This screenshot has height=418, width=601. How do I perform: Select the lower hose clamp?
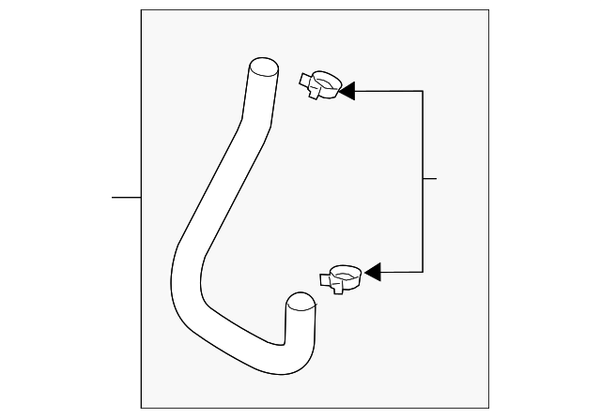(341, 278)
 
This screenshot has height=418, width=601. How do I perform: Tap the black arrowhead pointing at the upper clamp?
(346, 91)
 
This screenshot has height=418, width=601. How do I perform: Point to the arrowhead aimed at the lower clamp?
(371, 272)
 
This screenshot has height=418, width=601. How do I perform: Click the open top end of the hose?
(264, 67)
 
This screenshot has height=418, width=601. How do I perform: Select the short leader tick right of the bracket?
(430, 178)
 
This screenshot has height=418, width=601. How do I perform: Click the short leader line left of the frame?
(126, 198)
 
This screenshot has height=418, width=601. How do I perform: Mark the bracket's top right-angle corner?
(423, 91)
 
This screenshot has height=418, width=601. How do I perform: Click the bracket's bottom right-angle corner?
(423, 272)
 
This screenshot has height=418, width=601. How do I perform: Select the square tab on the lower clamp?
(331, 281)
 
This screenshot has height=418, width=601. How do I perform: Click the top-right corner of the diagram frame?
(489, 10)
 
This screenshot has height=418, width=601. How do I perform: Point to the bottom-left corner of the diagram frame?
(141, 409)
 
